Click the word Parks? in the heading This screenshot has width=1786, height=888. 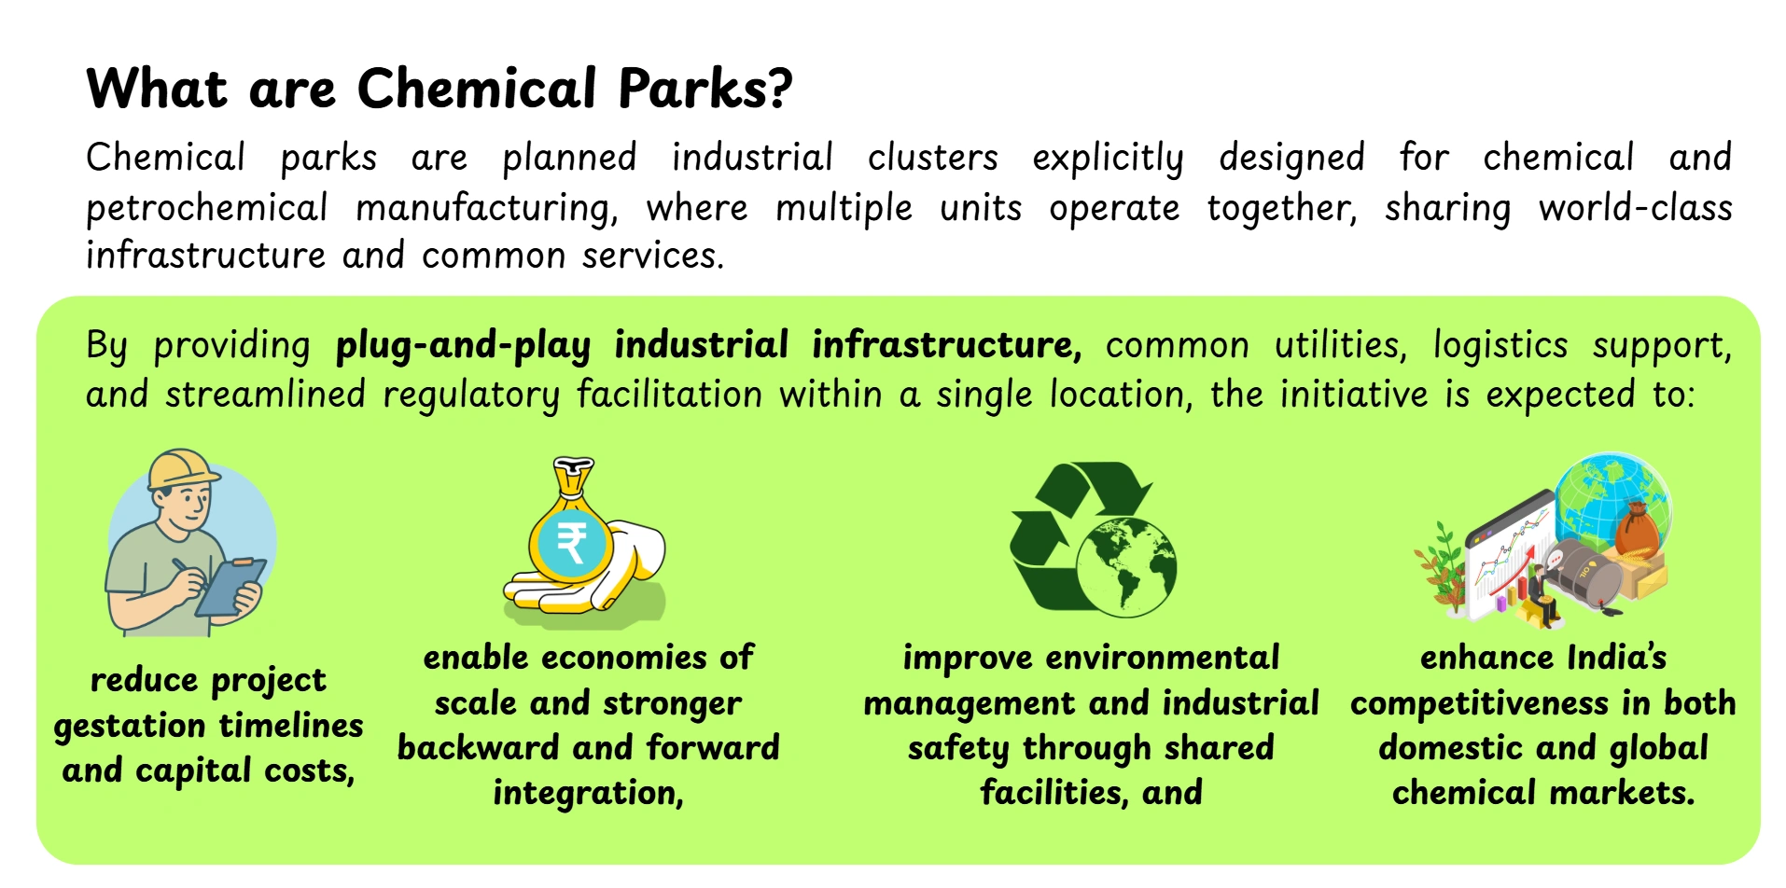click(705, 90)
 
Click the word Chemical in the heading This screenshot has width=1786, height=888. click(477, 90)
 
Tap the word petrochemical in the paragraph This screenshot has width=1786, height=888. click(206, 209)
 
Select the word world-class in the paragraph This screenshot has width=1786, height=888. click(1635, 209)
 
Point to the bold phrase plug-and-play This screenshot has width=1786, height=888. click(463, 346)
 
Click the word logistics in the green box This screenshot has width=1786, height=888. click(1500, 346)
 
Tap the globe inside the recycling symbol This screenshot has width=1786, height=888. click(1126, 565)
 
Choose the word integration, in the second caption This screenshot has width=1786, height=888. click(588, 793)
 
